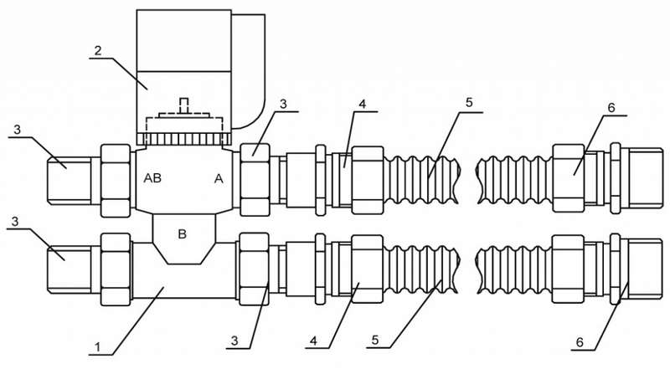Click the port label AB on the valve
click(x=152, y=178)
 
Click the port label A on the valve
click(x=219, y=179)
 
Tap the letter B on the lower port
click(x=182, y=234)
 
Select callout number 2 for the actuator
click(x=98, y=51)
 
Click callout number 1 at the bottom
click(x=97, y=347)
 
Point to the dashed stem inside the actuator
click(x=183, y=105)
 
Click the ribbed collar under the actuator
click(x=184, y=139)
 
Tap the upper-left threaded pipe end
click(x=69, y=181)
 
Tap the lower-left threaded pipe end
click(x=69, y=269)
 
